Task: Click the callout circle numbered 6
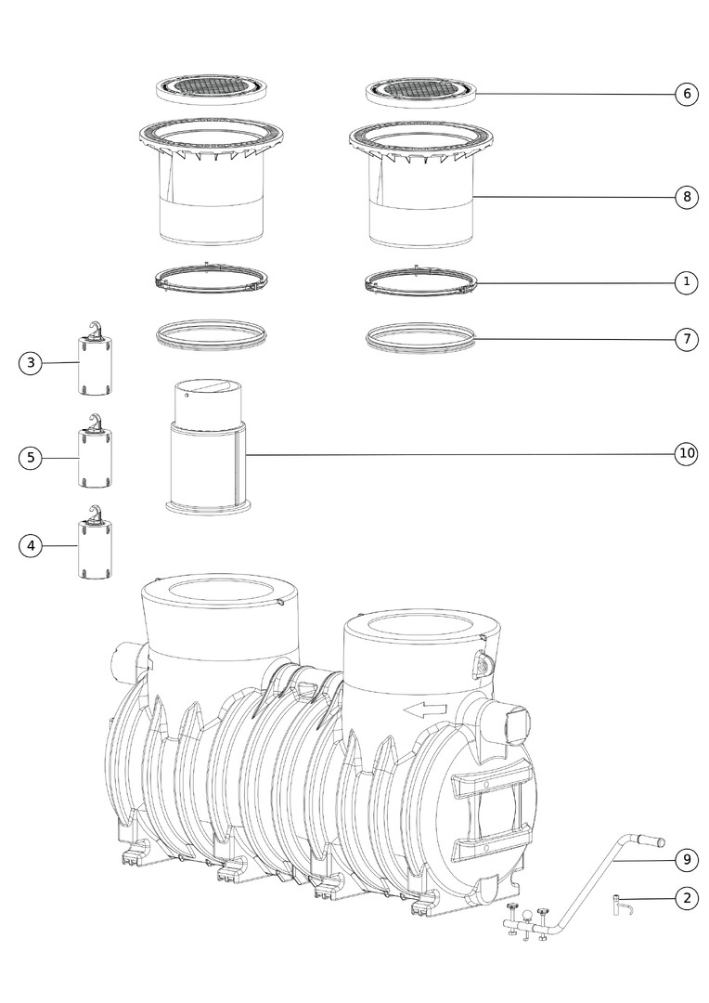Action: point(687,94)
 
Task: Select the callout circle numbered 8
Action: point(687,196)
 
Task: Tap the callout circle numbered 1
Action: point(687,281)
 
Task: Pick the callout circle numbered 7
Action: point(687,338)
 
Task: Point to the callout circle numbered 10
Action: point(687,453)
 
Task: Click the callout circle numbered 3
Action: point(30,363)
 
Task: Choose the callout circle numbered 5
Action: point(30,458)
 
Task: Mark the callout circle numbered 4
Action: point(30,546)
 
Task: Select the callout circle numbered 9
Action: point(687,859)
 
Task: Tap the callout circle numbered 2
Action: point(687,898)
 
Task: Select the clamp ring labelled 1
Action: point(421,281)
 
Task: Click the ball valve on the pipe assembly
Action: point(527,916)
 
